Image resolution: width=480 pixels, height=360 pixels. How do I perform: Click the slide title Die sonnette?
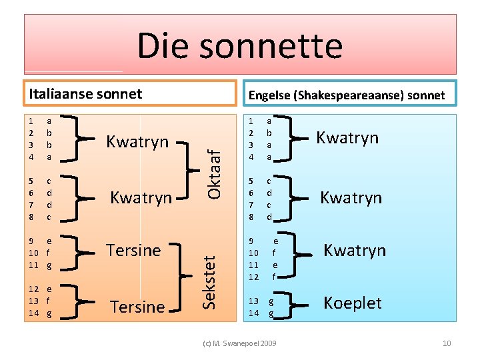(x=240, y=45)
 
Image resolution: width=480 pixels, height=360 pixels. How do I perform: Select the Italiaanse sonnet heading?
(x=85, y=93)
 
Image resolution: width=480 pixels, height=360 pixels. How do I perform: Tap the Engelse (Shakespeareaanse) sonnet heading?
(x=346, y=95)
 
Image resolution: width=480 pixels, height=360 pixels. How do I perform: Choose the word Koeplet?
(x=352, y=303)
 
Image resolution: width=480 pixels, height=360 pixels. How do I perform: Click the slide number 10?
(x=447, y=343)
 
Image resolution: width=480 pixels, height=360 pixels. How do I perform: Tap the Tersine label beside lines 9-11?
(x=133, y=250)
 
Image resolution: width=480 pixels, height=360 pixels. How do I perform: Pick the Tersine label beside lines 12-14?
(x=137, y=307)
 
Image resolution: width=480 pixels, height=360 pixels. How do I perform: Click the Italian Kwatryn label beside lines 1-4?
(x=138, y=141)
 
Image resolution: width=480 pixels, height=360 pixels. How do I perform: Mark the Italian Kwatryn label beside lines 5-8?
(x=141, y=198)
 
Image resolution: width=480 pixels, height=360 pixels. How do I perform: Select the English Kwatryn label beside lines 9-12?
(x=355, y=250)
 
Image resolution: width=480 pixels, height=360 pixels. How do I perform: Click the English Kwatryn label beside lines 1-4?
(x=347, y=138)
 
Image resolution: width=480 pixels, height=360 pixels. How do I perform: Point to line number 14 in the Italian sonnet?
(x=33, y=313)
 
